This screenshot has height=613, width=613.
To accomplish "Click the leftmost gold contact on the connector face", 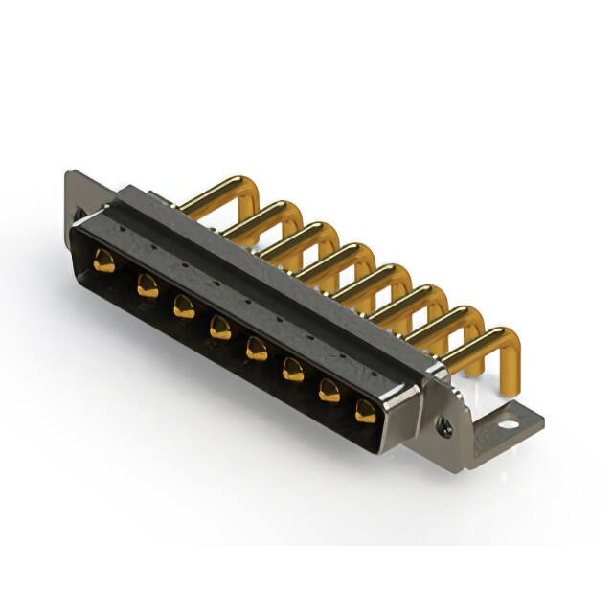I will coord(103,261).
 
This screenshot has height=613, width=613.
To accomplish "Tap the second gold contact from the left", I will coord(147,284).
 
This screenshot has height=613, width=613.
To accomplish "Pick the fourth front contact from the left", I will coord(220,328).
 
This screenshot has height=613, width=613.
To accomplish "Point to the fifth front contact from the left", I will coord(256,348).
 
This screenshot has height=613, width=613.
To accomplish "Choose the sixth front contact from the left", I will coord(293,369).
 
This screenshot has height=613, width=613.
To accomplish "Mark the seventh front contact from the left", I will coord(329,389).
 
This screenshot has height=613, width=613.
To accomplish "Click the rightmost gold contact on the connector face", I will coord(366,412).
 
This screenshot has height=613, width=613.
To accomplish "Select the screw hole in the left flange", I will coord(79,213).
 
